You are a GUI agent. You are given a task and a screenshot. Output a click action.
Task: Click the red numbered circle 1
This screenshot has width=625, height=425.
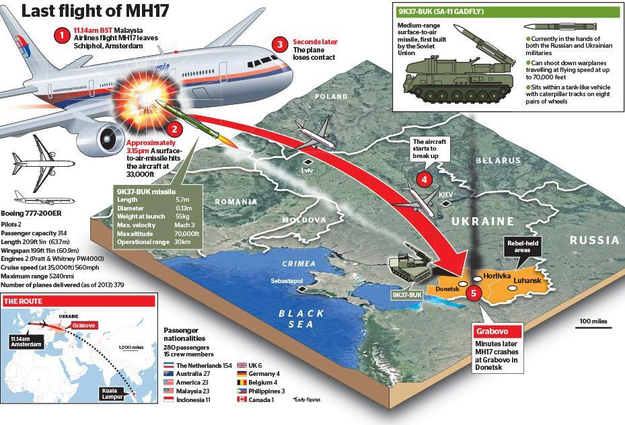click(62, 36)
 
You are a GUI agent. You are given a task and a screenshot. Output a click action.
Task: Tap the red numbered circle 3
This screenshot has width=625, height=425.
click(281, 44)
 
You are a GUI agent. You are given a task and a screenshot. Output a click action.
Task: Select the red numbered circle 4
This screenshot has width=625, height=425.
click(425, 180)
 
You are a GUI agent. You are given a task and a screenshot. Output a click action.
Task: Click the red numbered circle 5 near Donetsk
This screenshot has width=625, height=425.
click(474, 294)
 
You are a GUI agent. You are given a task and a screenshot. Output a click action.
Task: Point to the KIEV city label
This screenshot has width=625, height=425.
click(445, 195)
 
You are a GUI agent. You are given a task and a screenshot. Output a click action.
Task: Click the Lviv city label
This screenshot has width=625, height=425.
click(307, 171)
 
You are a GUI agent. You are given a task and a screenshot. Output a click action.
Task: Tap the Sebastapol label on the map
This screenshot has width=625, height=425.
click(287, 281)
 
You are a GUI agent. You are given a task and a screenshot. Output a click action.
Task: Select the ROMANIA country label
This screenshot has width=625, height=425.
click(236, 202)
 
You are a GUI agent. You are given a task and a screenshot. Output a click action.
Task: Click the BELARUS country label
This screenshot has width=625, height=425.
click(499, 161)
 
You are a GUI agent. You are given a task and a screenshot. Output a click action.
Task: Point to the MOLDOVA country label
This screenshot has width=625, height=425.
click(304, 220)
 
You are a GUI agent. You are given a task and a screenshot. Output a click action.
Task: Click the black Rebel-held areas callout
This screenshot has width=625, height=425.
click(522, 247)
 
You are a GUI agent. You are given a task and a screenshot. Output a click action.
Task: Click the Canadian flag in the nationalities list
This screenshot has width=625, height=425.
click(242, 399)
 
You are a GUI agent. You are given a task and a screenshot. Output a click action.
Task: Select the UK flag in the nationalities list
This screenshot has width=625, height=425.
click(242, 365)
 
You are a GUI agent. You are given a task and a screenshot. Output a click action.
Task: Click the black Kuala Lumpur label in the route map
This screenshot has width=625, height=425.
click(112, 393)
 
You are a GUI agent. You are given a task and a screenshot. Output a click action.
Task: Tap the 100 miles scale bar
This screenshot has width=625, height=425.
click(593, 327)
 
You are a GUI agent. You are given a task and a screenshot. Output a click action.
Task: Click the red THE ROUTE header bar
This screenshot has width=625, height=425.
click(79, 301)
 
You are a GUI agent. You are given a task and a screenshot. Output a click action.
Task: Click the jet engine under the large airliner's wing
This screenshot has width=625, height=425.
click(102, 139)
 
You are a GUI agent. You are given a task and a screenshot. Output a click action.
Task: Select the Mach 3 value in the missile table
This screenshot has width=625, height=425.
click(184, 225)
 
